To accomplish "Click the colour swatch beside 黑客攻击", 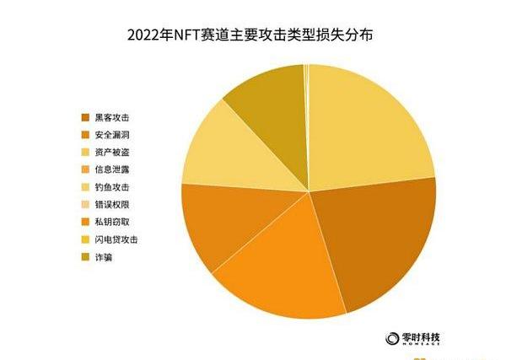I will [x=85, y=116].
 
